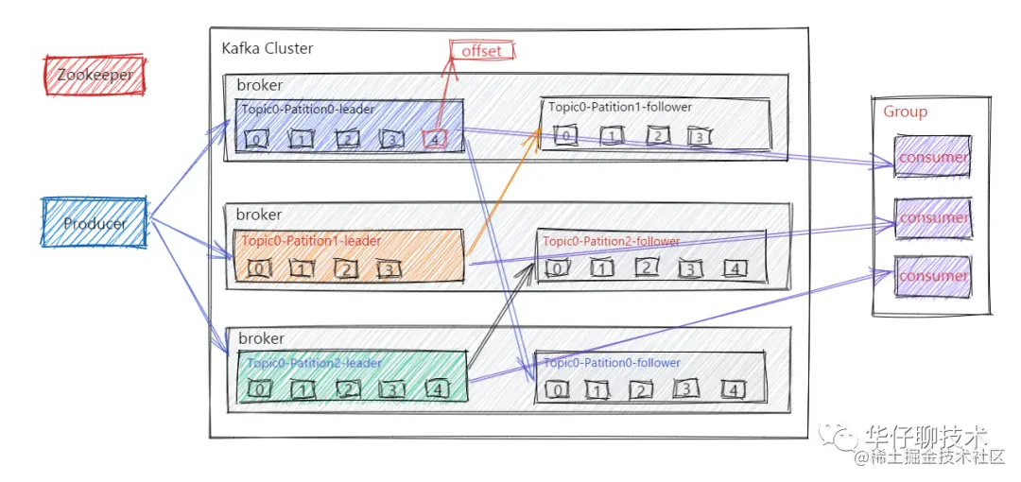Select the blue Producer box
point(95,224)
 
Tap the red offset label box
point(481,51)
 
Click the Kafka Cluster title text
point(267,47)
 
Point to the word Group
point(905,112)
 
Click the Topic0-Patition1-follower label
point(620,107)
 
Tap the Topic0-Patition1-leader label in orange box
point(311,241)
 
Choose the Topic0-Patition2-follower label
point(611,241)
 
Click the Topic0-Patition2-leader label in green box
point(314,363)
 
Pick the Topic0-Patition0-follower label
point(613,362)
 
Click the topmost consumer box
point(932,157)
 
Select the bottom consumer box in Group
point(932,276)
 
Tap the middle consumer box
point(932,217)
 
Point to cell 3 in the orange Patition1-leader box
point(389,269)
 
